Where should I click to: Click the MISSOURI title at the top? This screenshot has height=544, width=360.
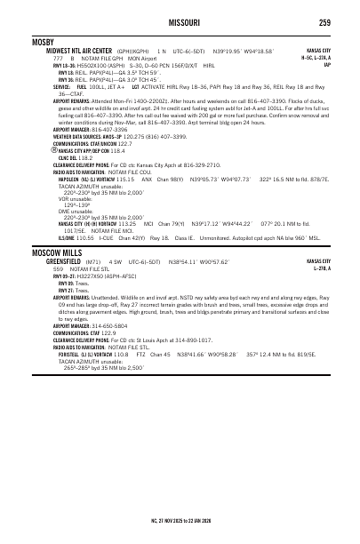[180, 22]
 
